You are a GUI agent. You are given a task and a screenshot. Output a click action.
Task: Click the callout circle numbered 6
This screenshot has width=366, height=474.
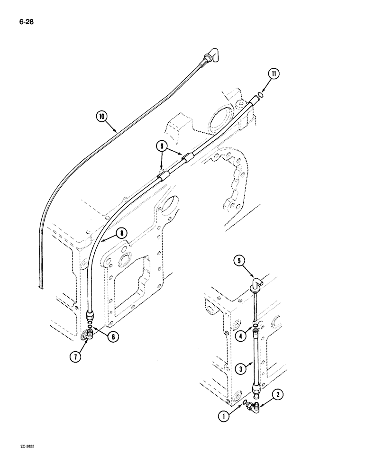coord(112,337)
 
